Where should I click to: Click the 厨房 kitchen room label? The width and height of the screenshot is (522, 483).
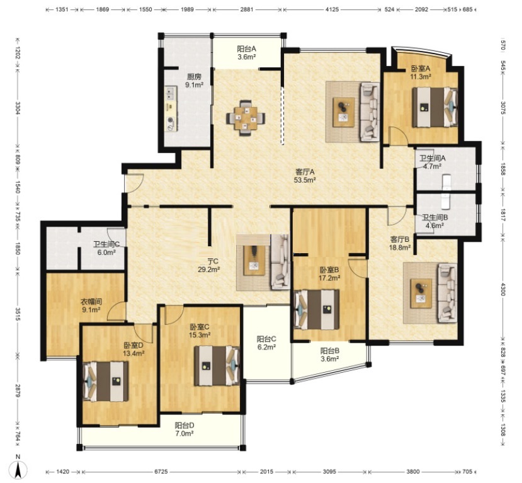tap(194, 77)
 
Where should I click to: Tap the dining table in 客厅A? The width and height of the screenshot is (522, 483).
tap(246, 118)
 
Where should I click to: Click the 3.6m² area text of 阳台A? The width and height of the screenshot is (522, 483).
tap(246, 57)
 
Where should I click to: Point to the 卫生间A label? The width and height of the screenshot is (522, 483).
tap(432, 159)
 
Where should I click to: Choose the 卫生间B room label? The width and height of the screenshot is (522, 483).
tap(435, 218)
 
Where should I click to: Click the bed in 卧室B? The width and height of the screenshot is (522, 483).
tap(317, 310)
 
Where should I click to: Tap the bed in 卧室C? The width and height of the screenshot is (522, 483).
tap(217, 366)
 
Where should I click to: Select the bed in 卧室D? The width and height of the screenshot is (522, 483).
tap(105, 382)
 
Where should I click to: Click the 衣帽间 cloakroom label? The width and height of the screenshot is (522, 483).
tap(91, 302)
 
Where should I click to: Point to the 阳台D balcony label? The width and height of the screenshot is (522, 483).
tap(184, 425)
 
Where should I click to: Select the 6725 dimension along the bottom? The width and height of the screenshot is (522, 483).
tap(161, 472)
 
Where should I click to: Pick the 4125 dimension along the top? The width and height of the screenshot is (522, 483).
tap(332, 9)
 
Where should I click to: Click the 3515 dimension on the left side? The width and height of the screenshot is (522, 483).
tap(18, 315)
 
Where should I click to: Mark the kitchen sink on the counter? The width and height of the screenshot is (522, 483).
tap(171, 94)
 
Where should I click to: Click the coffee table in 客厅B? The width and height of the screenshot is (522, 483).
tap(421, 293)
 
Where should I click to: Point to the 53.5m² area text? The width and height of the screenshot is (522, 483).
tap(305, 180)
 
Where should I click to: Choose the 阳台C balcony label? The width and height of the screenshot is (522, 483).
tap(266, 339)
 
